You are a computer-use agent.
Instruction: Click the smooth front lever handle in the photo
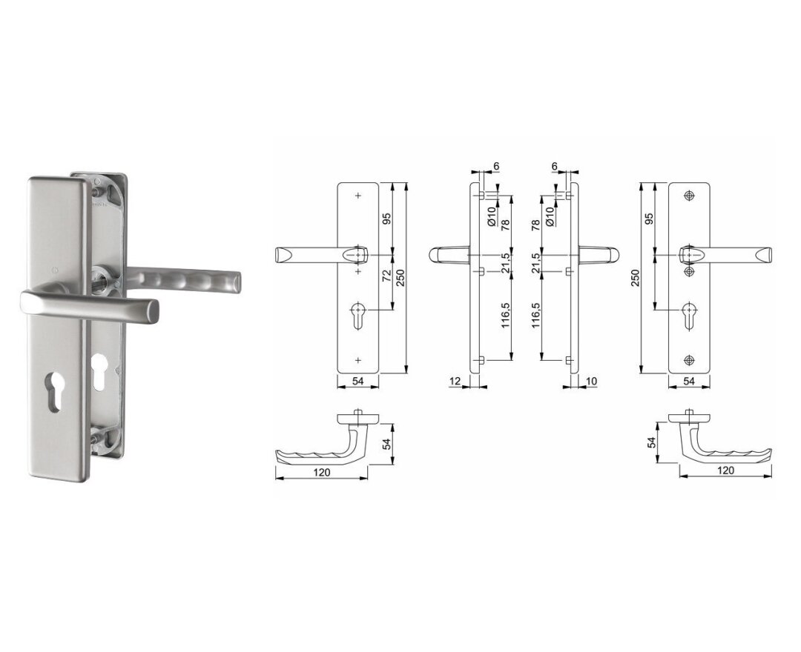tap(90, 305)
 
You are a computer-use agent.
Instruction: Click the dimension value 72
tap(386, 276)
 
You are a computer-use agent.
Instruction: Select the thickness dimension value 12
tap(455, 381)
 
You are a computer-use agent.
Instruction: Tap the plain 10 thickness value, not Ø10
tap(592, 381)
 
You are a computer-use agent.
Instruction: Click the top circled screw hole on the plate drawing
tap(689, 196)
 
